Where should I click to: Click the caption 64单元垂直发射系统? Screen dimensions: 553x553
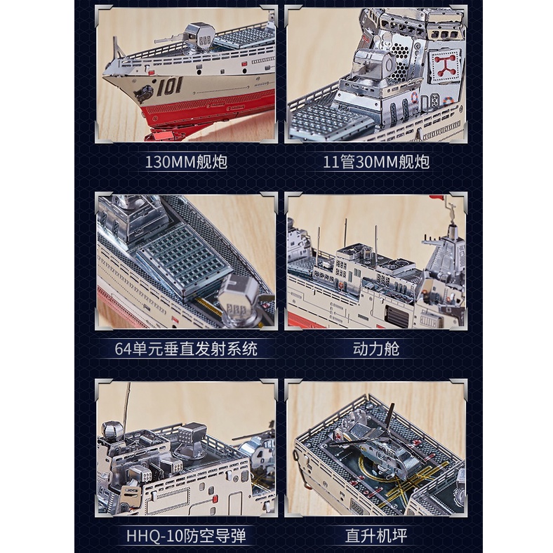pos(186,349)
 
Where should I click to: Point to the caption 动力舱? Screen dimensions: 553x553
pos(376,349)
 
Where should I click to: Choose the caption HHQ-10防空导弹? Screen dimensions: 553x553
pos(186,535)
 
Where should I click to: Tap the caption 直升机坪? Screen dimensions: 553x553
pos(376,535)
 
